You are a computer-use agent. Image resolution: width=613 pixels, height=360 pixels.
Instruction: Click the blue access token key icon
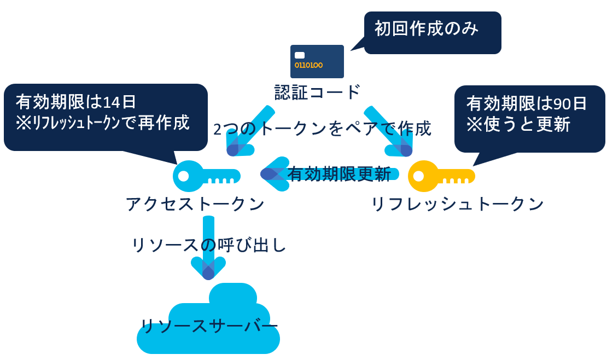click(205, 176)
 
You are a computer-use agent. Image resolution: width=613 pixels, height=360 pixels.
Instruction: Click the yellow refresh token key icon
click(440, 176)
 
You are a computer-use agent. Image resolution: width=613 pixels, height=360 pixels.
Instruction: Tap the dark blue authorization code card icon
click(317, 61)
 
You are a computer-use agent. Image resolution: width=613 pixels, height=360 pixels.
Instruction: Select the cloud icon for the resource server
click(208, 323)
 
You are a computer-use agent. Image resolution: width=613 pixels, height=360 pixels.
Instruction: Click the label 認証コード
click(317, 91)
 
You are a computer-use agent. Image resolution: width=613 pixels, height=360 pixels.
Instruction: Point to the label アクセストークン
click(195, 204)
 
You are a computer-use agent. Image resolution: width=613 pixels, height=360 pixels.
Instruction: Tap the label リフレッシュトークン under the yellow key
click(457, 204)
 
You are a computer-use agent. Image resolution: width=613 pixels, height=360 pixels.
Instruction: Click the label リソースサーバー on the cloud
click(208, 326)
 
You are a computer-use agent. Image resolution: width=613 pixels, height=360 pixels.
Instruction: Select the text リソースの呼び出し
click(209, 245)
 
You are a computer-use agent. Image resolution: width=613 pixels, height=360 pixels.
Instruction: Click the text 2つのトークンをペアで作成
click(322, 129)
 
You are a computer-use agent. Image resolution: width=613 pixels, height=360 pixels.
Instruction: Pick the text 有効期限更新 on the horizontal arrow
click(339, 174)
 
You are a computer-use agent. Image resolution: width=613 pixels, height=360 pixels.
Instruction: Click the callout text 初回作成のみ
click(427, 28)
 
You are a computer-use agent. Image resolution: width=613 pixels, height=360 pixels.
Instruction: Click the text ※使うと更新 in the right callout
click(518, 125)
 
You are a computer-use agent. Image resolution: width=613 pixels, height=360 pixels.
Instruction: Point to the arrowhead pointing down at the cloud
click(208, 268)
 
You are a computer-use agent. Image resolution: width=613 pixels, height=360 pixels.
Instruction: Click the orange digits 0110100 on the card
click(308, 65)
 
